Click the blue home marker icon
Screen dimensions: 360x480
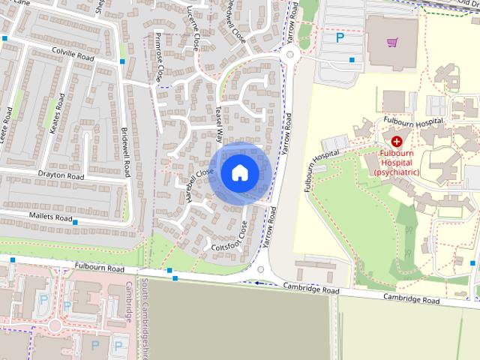click(x=239, y=172)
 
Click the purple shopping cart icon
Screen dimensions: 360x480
click(x=391, y=42)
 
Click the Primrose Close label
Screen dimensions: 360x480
click(x=159, y=57)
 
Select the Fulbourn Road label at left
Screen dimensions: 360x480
click(x=99, y=268)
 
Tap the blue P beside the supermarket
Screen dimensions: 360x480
click(x=340, y=37)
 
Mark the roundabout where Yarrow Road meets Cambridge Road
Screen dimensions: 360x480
click(x=261, y=269)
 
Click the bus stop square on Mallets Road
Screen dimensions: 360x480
click(x=75, y=222)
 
